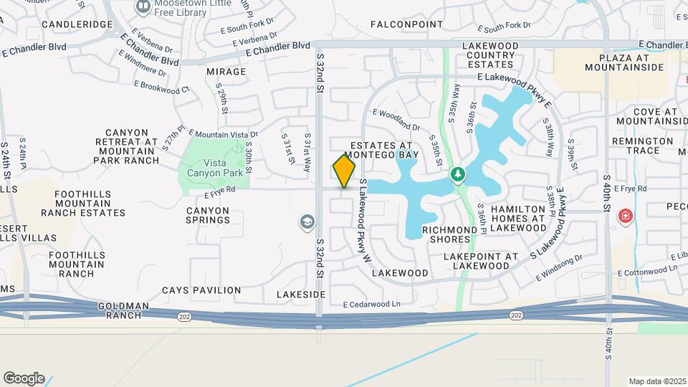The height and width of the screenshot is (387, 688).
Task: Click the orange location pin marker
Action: [x=344, y=171]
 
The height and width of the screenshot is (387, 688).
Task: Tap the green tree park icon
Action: [x=457, y=174]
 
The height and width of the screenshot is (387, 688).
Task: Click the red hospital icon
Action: [x=626, y=215]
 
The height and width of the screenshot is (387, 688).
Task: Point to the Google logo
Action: [x=24, y=378]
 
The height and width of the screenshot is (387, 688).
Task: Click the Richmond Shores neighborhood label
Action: [x=451, y=234]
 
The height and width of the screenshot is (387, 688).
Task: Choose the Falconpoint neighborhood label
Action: [x=407, y=24]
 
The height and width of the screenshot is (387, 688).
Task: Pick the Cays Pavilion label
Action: [x=201, y=290]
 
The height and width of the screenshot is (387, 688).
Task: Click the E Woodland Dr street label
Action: [x=396, y=120]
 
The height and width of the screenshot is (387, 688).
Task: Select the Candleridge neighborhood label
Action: [x=77, y=24]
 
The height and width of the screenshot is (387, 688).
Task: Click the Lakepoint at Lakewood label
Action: [x=481, y=261]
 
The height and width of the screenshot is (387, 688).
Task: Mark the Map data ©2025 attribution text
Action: [x=656, y=381]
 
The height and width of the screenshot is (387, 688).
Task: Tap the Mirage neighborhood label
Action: [x=226, y=72]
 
